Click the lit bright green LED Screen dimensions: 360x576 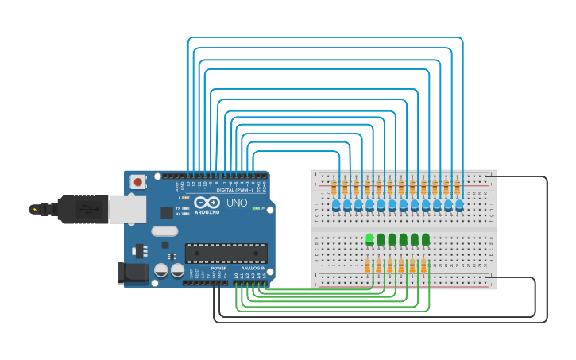[369, 238]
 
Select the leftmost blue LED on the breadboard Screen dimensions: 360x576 [336, 206]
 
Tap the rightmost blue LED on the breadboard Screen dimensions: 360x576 [459, 206]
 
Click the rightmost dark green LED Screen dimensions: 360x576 [426, 238]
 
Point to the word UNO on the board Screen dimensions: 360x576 [238, 203]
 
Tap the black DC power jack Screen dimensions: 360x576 [133, 273]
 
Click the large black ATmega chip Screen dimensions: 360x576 [226, 253]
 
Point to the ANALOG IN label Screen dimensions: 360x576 [253, 269]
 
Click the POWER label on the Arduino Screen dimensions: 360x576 [218, 269]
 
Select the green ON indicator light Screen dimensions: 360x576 [256, 208]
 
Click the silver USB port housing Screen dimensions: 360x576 [126, 208]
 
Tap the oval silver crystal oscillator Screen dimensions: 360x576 [164, 231]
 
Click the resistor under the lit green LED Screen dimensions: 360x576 [368, 266]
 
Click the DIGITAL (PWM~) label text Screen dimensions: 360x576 [235, 190]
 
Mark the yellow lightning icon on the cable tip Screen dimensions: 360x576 [33, 209]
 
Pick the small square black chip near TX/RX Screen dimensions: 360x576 [167, 212]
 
